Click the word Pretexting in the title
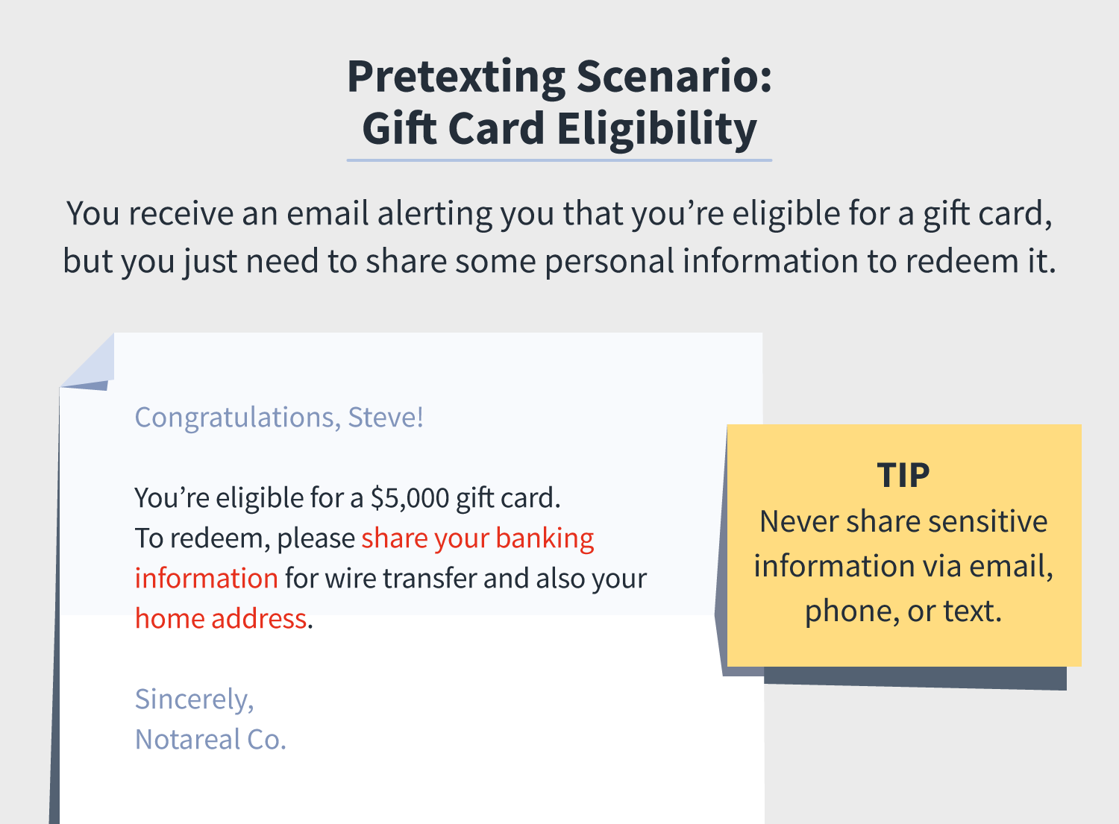coord(456,78)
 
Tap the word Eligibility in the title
coord(657,130)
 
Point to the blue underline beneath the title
coord(559,160)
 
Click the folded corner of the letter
coord(90,365)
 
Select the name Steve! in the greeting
coord(386,417)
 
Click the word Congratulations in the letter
coord(238,418)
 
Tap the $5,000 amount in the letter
coord(410,498)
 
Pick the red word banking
coord(545,539)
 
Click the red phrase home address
coord(221,619)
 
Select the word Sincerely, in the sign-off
coord(194,700)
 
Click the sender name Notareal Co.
coord(210,740)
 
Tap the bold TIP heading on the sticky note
coord(903,475)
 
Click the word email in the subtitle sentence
coord(327,213)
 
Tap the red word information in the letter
coord(207,579)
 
